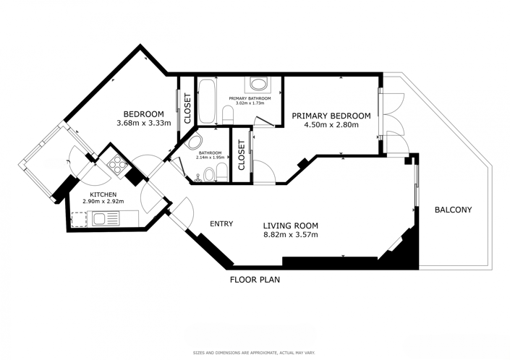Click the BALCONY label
pyautogui.click(x=453, y=210)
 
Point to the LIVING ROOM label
pyautogui.click(x=290, y=225)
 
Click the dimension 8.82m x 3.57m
pyautogui.click(x=290, y=234)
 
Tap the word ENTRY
pyautogui.click(x=221, y=224)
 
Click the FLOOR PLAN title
pyautogui.click(x=255, y=279)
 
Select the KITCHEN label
pyautogui.click(x=103, y=194)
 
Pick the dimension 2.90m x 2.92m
pyautogui.click(x=103, y=202)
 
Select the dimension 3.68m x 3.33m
pyautogui.click(x=143, y=123)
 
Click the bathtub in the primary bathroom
pyautogui.click(x=205, y=101)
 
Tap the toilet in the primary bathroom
pyautogui.click(x=228, y=113)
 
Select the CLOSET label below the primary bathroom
pyautogui.click(x=241, y=154)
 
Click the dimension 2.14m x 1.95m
pyautogui.click(x=209, y=158)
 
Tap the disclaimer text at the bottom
pyautogui.click(x=254, y=353)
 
